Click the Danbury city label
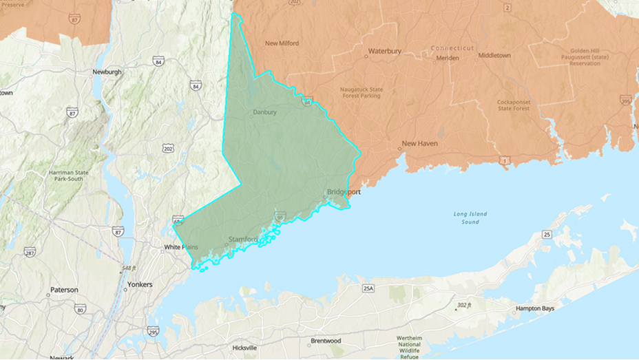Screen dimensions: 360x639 [264, 112]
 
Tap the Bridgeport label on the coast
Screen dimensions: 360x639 [343, 192]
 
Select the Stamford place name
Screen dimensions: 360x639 [242, 240]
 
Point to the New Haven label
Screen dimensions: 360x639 [419, 144]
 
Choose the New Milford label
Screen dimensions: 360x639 [282, 43]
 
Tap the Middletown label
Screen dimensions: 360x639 [494, 55]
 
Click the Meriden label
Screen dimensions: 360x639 [448, 59]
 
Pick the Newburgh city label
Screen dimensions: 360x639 [107, 72]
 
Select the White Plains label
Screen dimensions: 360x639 [181, 247]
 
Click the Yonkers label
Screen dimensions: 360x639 [140, 284]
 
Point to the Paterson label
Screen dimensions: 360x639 [63, 290]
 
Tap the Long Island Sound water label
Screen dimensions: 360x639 [470, 218]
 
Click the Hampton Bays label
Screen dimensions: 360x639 [535, 308]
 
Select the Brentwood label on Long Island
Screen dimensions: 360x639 [326, 341]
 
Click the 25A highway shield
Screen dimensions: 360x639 [368, 288]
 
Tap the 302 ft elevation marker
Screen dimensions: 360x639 [463, 304]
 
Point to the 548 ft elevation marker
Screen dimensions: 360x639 [129, 268]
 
